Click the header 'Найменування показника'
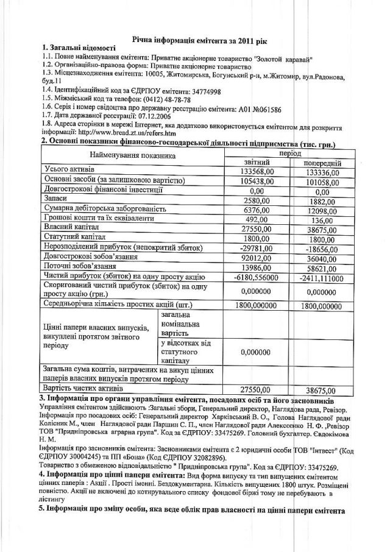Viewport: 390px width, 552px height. click(x=128, y=157)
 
